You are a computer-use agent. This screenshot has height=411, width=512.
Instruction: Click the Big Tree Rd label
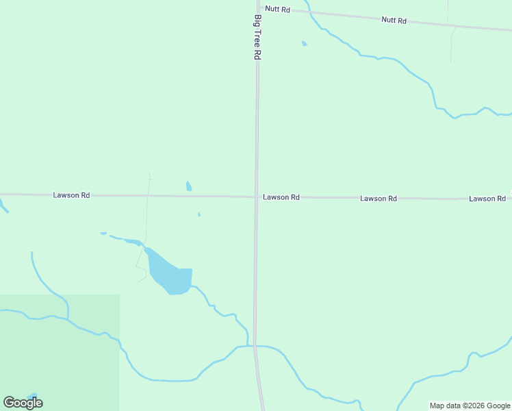point(257,37)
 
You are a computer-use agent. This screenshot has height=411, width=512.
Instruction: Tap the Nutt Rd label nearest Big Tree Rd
point(278,10)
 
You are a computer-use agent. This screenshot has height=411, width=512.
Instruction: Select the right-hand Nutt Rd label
point(394,21)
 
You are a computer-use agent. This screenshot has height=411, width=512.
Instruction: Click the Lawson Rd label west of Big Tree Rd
point(71,195)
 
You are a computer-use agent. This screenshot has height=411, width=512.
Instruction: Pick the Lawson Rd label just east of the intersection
point(281,197)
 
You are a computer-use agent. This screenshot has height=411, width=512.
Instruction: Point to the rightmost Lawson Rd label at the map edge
point(487,199)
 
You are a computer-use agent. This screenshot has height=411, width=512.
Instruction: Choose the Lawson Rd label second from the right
point(379,199)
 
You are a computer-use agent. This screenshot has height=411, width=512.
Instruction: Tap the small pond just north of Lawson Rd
point(189,186)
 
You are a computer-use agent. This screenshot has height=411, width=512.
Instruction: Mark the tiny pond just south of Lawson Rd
point(199,215)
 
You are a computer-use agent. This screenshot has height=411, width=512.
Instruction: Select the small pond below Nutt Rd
point(304,44)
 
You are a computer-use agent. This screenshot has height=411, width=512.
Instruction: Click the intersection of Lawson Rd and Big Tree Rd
point(256,197)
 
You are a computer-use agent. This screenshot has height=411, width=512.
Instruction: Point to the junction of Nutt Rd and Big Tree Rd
point(259,8)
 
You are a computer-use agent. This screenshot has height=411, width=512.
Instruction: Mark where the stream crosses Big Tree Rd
point(255,346)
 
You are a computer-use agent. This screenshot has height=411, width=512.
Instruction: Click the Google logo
point(23,403)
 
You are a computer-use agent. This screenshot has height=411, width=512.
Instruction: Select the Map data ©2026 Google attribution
point(470,406)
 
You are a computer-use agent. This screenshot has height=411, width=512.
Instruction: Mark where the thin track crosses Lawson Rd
point(148,196)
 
